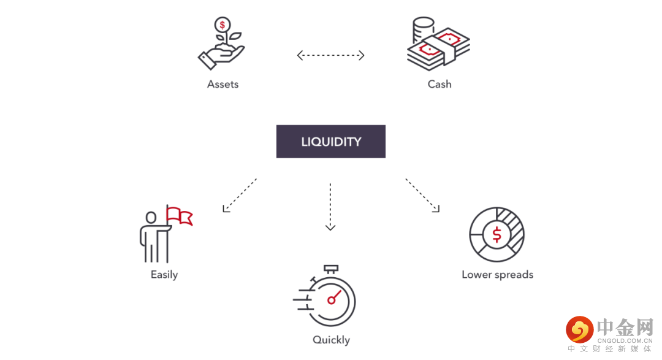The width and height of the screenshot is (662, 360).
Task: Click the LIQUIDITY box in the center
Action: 331,142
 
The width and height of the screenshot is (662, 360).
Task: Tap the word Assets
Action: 223,84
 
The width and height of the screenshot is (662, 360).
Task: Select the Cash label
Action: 439,84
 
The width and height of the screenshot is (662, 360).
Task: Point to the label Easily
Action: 164,274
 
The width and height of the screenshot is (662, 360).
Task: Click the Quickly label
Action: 331,340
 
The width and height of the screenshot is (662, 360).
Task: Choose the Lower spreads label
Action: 497,274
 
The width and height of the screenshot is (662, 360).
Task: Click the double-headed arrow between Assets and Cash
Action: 331,55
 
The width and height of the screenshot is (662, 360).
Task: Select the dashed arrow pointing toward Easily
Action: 240,195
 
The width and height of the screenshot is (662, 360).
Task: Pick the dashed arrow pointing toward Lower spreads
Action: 422,195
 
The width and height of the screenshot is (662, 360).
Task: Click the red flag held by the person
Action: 180,216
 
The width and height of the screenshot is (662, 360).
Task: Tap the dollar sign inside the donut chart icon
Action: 496,234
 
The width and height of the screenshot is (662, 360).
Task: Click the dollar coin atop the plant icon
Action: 222,26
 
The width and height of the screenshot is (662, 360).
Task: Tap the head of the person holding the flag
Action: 151,217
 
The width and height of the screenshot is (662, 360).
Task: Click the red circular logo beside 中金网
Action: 579,329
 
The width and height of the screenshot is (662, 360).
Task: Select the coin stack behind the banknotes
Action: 422,28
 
